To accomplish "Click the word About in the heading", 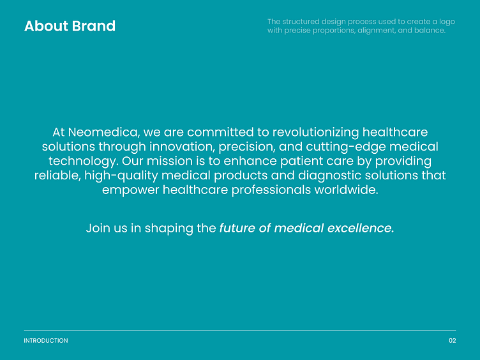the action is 46,26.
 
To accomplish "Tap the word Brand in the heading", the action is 94,26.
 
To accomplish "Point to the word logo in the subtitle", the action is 447,22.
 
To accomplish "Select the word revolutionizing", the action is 315,133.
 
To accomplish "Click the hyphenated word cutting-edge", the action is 346,147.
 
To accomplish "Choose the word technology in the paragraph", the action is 84,161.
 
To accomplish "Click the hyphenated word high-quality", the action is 121,176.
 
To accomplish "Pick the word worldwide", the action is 346,190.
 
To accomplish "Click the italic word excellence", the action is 361,228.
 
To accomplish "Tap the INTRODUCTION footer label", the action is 46,341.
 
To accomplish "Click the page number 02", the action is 453,341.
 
